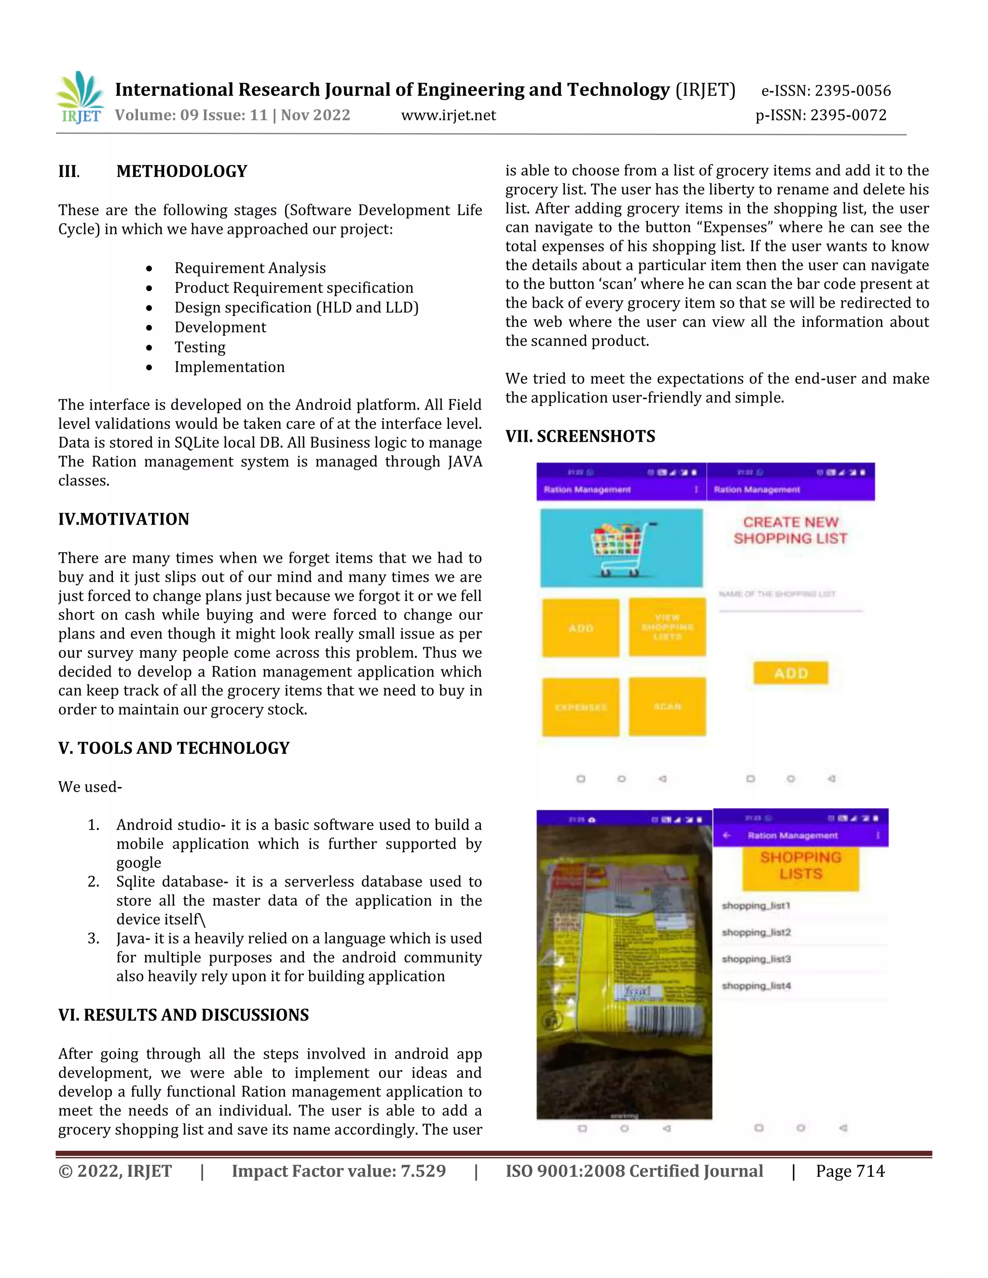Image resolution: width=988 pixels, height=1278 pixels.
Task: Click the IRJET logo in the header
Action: tap(80, 98)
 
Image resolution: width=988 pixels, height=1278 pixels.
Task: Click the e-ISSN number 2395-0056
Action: tap(825, 91)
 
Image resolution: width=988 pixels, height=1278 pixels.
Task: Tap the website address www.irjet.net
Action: tap(448, 115)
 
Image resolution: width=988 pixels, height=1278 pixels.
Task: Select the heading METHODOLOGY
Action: tap(181, 172)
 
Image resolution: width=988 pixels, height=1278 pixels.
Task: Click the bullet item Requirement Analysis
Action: tap(250, 268)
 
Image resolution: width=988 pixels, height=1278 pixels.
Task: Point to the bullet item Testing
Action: tap(200, 347)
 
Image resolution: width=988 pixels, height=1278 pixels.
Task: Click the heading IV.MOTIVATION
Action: tap(123, 519)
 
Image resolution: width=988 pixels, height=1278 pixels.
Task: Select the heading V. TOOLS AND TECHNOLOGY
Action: tap(174, 748)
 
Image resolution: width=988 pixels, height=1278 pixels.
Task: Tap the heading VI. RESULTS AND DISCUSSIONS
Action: tap(183, 1015)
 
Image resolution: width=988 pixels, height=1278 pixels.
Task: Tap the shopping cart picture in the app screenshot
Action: tap(621, 548)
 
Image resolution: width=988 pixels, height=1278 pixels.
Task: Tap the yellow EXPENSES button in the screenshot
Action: tap(581, 707)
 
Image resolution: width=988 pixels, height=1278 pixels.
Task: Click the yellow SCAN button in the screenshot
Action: tap(667, 707)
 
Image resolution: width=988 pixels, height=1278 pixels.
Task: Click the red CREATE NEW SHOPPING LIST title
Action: tap(790, 530)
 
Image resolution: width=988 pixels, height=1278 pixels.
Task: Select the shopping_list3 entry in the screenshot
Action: tap(756, 959)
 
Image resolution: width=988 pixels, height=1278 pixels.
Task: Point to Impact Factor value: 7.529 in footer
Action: tap(338, 1171)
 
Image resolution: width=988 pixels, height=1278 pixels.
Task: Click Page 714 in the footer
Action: tap(850, 1171)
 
